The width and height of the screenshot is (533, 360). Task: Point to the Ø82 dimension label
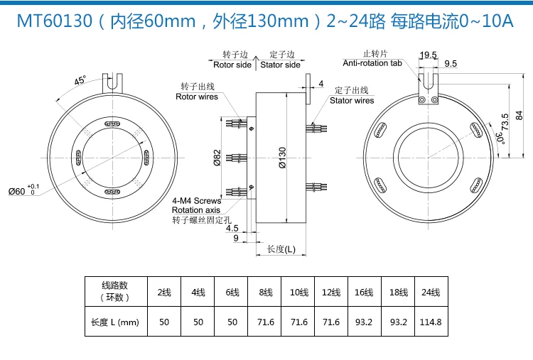[217, 157]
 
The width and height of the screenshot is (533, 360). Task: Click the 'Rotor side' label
[232, 65]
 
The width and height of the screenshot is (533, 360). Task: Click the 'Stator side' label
[280, 65]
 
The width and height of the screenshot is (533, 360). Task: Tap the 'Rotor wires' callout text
[197, 97]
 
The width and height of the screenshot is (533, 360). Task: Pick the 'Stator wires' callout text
[351, 101]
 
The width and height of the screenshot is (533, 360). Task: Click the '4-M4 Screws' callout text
[197, 201]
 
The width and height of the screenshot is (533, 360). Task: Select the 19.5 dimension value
[428, 55]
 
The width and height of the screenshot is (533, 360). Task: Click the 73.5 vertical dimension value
[504, 121]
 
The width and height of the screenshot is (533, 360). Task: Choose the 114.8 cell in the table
[431, 322]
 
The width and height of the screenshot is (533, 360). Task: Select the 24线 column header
[431, 292]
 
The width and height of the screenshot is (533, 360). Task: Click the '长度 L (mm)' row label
[114, 322]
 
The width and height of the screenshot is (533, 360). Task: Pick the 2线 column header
[164, 292]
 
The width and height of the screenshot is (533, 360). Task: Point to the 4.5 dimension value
[232, 229]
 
